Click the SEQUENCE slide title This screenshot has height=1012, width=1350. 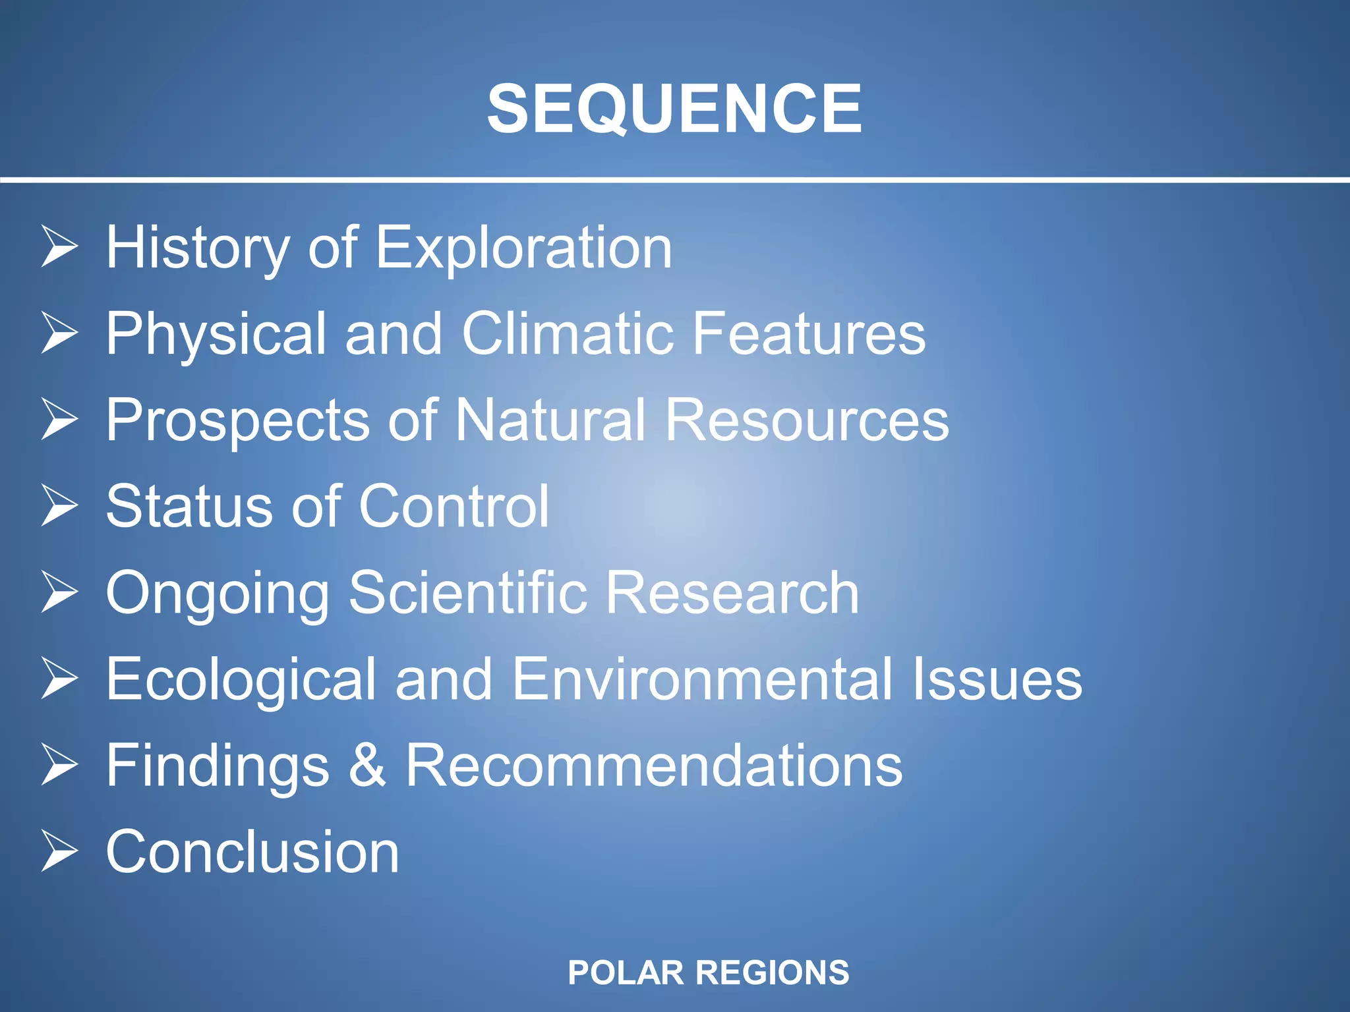pyautogui.click(x=674, y=109)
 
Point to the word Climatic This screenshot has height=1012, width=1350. pyautogui.click(x=568, y=334)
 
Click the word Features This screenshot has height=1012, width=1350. pyautogui.click(x=809, y=334)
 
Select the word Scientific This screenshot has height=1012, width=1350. pyautogui.click(x=467, y=593)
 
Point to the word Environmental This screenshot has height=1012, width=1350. pyautogui.click(x=702, y=679)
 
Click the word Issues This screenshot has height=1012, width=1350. pyautogui.click(x=997, y=679)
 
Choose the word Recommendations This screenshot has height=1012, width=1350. pyautogui.click(x=653, y=766)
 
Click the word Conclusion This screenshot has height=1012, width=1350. pyautogui.click(x=252, y=852)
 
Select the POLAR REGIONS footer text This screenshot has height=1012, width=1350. pyautogui.click(x=709, y=972)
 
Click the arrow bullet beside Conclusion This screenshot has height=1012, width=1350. pyautogui.click(x=59, y=851)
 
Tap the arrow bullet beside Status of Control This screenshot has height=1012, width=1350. pyautogui.click(x=59, y=505)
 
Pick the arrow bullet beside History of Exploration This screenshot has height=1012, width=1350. pyautogui.click(x=59, y=246)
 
